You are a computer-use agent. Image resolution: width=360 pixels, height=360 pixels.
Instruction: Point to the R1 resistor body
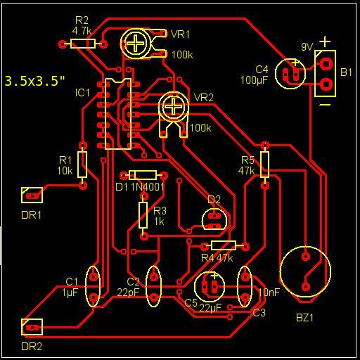(x=82, y=165)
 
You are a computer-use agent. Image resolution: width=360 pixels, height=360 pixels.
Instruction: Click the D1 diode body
(x=143, y=175)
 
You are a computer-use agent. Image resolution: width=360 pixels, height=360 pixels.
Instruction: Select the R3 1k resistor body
(x=143, y=215)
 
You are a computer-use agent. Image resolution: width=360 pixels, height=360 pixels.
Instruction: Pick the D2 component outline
(x=214, y=219)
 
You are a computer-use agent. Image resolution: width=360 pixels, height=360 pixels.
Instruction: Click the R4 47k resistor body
(x=224, y=245)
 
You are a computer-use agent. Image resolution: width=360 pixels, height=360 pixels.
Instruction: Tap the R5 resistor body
(x=264, y=165)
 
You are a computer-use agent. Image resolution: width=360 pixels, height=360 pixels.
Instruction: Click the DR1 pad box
(x=32, y=195)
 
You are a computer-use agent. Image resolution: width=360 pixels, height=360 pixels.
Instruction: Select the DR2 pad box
(x=32, y=327)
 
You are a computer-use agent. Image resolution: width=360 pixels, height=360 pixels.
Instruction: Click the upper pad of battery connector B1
(x=326, y=63)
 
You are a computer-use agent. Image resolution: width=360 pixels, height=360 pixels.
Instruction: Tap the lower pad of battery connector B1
(x=326, y=84)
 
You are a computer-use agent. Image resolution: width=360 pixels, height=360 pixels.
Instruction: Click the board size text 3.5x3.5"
(x=34, y=81)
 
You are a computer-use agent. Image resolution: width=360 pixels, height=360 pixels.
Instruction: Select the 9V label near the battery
(x=307, y=47)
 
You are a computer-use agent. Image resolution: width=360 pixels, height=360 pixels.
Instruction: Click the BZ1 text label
(x=304, y=318)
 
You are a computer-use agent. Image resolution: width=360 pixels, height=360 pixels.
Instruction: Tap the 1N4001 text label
(x=148, y=187)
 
